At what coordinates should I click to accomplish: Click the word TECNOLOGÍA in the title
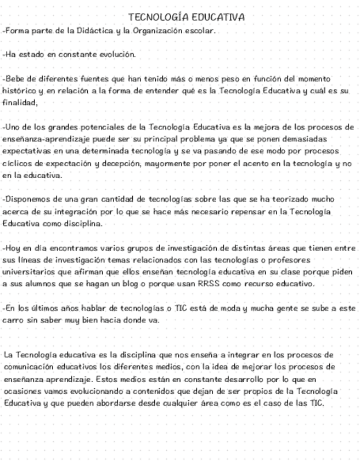(x=153, y=18)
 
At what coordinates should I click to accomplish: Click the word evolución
(x=117, y=55)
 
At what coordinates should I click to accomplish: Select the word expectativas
(x=25, y=151)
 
